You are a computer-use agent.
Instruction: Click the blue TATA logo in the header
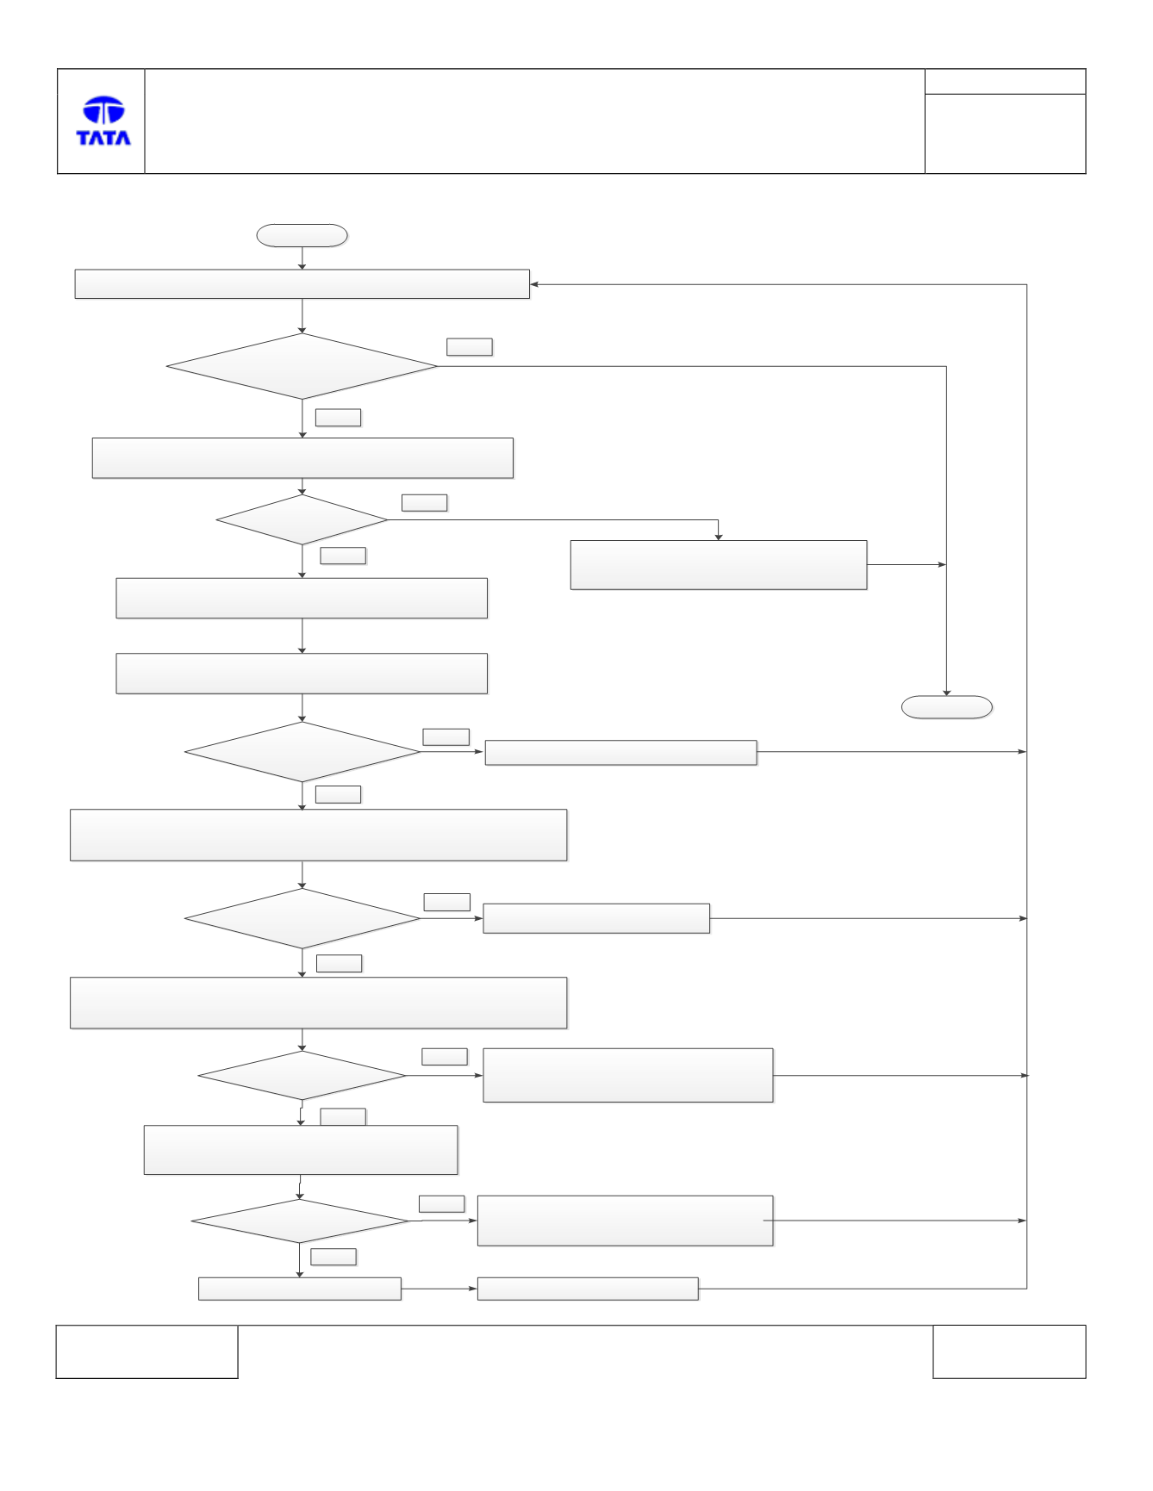103,121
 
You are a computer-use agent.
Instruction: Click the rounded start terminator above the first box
302,235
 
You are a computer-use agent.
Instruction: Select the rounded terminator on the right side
946,707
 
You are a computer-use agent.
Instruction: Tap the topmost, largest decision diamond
302,366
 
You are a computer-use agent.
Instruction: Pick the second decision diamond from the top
302,519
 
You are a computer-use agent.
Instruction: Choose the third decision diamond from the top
302,752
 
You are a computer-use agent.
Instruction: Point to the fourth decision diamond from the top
302,918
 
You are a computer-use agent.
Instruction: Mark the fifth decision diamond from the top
302,1075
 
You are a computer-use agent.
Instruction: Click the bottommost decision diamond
300,1221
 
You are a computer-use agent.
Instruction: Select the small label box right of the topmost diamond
470,346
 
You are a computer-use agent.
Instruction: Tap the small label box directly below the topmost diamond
338,418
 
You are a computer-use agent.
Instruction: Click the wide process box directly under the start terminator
302,284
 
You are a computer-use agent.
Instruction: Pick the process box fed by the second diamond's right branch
719,565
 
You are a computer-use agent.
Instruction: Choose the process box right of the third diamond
621,752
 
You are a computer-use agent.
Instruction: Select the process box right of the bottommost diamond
626,1221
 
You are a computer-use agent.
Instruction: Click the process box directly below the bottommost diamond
300,1289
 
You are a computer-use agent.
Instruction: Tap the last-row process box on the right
588,1289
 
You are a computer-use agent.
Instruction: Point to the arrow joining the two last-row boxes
439,1289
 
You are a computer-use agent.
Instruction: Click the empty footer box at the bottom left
146,1351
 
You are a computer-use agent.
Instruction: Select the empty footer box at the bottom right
1009,1351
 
